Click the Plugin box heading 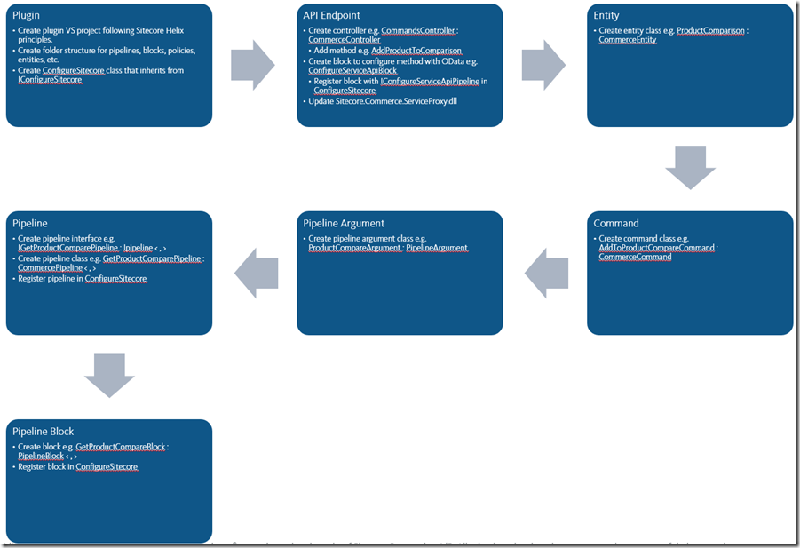[x=28, y=16]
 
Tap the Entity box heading [x=606, y=16]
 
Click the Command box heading [x=616, y=224]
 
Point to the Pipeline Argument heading [x=344, y=224]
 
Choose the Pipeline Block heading [x=43, y=432]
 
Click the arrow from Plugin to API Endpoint [x=253, y=65]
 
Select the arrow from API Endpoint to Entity [x=543, y=65]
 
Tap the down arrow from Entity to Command [x=690, y=168]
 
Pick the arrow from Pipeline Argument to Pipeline [x=256, y=272]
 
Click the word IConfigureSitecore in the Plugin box [x=50, y=80]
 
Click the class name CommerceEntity [x=627, y=40]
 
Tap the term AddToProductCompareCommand [x=656, y=248]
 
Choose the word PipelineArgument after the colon [x=437, y=248]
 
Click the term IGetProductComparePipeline [x=67, y=248]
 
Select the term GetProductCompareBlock [x=121, y=447]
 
